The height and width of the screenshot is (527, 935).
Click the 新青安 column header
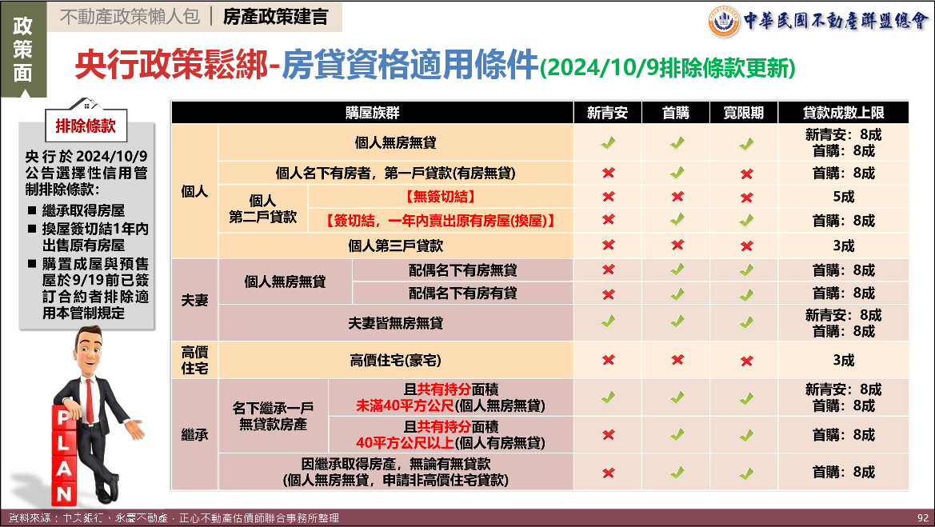coord(607,113)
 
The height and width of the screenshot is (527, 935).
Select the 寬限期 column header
coord(744,113)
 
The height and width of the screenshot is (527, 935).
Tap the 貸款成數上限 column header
coord(843,113)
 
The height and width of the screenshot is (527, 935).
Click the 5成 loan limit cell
coord(843,197)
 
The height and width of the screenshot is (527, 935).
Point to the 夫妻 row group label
coord(194,300)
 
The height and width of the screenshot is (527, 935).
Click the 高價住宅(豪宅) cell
coord(395,360)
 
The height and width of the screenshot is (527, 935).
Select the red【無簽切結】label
coord(441,197)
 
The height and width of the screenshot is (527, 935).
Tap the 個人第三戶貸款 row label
coord(395,245)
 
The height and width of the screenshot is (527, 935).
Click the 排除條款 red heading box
coord(86,126)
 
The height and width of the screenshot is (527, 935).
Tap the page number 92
coord(922,518)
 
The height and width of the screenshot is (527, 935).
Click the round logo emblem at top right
coord(723,22)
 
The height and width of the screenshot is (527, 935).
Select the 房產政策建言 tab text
coord(275,17)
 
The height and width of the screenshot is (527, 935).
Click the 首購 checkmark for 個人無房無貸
coord(676,143)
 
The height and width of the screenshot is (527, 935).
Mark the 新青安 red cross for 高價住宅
coord(608,360)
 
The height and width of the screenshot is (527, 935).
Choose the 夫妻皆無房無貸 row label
coord(395,323)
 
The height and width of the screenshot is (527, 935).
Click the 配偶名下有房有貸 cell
coord(463,293)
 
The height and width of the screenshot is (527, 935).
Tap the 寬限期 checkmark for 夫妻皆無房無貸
coord(746,322)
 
